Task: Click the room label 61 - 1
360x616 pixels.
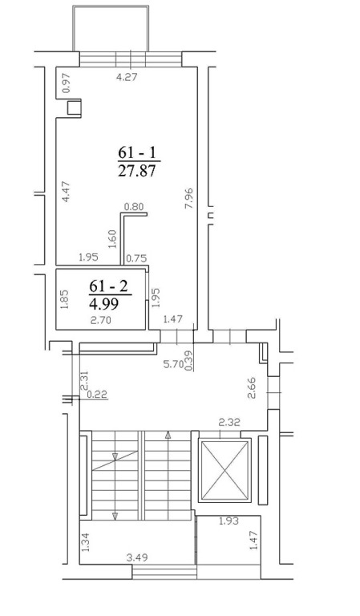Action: tap(137, 152)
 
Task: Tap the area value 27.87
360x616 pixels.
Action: tap(137, 171)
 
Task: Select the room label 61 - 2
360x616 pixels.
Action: tap(109, 286)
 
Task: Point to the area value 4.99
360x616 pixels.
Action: tap(104, 304)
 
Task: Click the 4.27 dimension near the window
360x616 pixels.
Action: tap(127, 77)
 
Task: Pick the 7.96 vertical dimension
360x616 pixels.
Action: tap(189, 198)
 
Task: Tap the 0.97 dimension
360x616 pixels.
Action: tap(67, 83)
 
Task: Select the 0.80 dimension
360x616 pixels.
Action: tap(134, 206)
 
